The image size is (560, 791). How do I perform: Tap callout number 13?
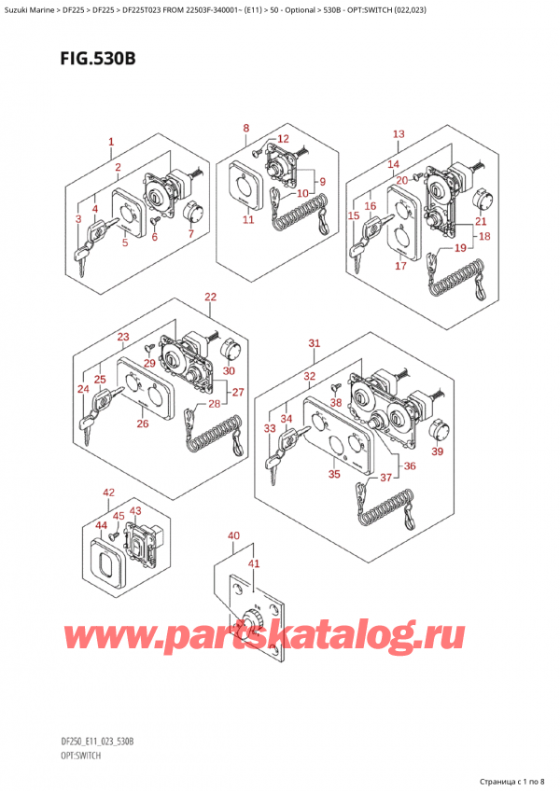coord(399,134)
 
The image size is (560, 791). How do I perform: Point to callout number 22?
coord(210,298)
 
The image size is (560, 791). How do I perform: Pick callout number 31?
coord(315,343)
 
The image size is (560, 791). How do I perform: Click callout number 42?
coord(109,492)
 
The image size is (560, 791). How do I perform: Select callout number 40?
coord(232,535)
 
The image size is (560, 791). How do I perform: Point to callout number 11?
coord(248,220)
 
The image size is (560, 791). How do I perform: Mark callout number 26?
coord(142,424)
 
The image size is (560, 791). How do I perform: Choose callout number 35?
coord(333,474)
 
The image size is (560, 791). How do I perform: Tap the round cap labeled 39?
coord(437,428)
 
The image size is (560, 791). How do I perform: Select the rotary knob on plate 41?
coord(249,618)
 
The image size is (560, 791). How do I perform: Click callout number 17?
coord(399,266)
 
